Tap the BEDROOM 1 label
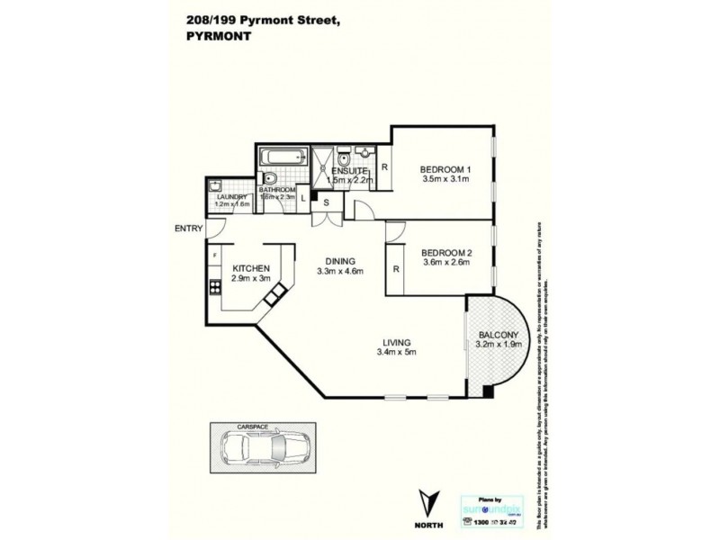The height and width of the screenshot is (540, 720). pos(446,169)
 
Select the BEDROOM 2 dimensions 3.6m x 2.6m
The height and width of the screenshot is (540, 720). pos(459,265)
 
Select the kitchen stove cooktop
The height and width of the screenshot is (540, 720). pos(214,289)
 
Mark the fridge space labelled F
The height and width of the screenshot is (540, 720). pos(215,256)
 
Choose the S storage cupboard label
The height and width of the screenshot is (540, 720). pos(325,202)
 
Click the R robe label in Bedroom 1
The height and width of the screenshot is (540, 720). pos(384,166)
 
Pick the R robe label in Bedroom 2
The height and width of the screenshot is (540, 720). pos(396,268)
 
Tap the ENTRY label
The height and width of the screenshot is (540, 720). pos(188,229)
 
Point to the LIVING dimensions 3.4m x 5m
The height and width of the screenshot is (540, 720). pos(396,352)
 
